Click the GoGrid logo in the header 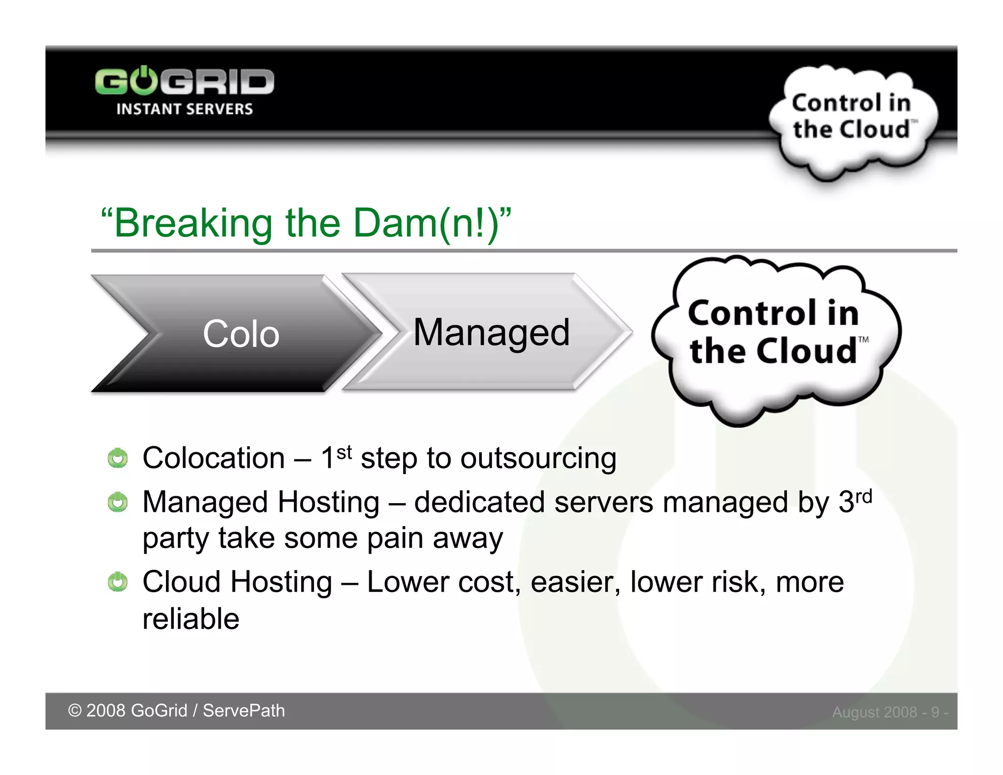pos(184,82)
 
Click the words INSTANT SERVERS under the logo pos(184,109)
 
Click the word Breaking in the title pos(193,223)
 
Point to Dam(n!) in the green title pos(426,223)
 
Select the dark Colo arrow pos(235,334)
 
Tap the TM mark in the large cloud pos(863,339)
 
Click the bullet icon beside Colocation pos(118,459)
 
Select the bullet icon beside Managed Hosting pos(118,503)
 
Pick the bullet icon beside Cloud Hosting pos(118,582)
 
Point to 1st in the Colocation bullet pos(336,457)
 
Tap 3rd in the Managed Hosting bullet pos(855,501)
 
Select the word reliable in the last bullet pos(191,619)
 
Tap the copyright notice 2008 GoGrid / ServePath pos(176,711)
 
